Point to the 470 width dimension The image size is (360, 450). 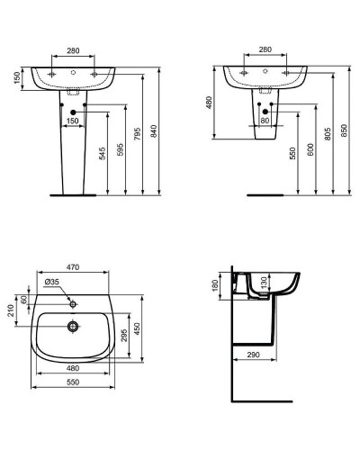pyautogui.click(x=74, y=267)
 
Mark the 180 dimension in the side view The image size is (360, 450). pyautogui.click(x=214, y=286)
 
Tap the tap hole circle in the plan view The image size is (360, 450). pyautogui.click(x=76, y=302)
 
